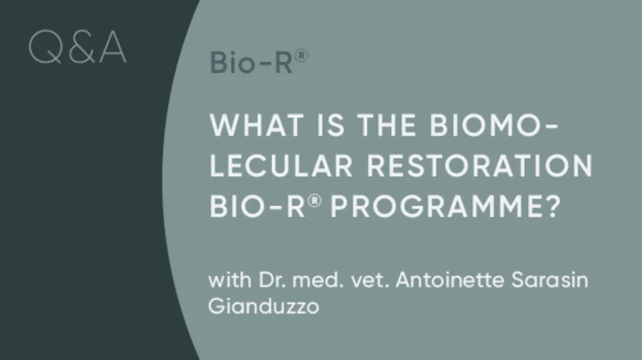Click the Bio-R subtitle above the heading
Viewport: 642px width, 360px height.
[x=251, y=63]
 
